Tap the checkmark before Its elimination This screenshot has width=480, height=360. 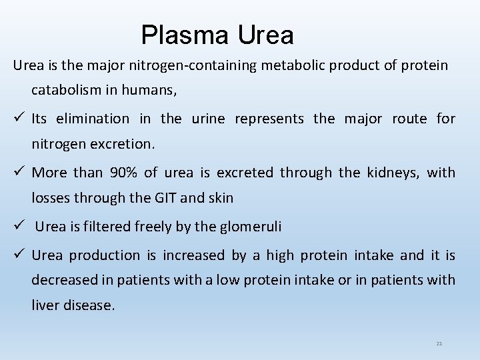click(19, 119)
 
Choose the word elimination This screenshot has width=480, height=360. click(93, 119)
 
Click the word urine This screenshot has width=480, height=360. click(208, 119)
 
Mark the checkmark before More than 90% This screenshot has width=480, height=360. click(19, 172)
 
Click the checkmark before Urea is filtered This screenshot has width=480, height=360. click(19, 225)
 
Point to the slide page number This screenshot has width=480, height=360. click(439, 343)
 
